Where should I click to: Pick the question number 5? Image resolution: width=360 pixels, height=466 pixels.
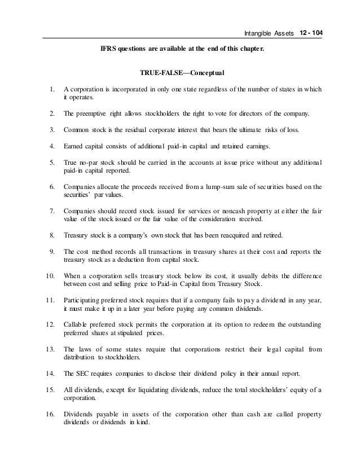(52, 163)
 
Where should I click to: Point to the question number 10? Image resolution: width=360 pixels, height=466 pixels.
(50, 275)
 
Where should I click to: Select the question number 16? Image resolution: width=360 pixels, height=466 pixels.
(50, 415)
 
